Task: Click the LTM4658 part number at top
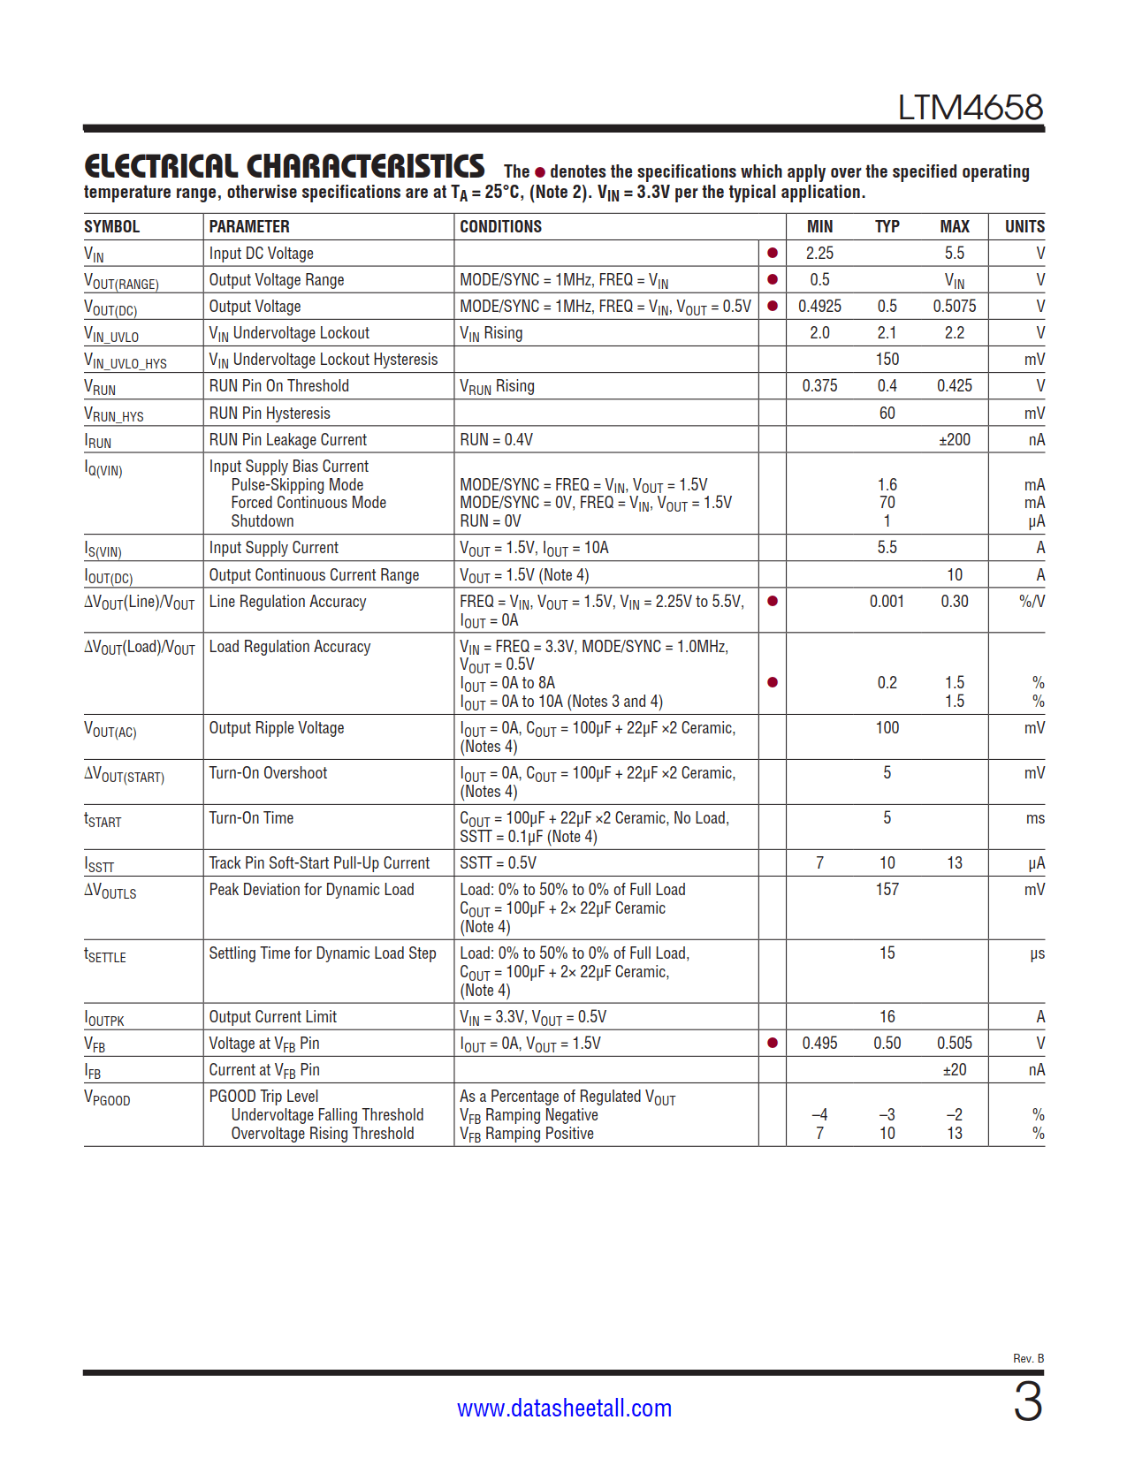click(970, 108)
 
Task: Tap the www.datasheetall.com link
click(564, 1408)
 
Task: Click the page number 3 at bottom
click(1027, 1402)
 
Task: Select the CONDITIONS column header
click(500, 227)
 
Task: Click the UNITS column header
click(1024, 227)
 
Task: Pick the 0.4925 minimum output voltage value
click(819, 307)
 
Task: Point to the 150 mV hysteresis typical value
click(887, 360)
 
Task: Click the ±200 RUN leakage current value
click(954, 440)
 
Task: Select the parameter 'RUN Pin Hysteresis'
click(270, 414)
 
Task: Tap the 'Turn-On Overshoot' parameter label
click(268, 773)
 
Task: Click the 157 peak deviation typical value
click(887, 890)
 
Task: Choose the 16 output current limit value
click(887, 1017)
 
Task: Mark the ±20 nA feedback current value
click(954, 1070)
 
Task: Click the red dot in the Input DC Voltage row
click(773, 254)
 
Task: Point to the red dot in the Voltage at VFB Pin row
click(773, 1044)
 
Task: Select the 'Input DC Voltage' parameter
click(261, 254)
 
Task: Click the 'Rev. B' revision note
click(1028, 1358)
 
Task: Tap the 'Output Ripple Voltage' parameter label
click(277, 728)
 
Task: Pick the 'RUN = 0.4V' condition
click(496, 440)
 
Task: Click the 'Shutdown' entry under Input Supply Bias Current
click(263, 521)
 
